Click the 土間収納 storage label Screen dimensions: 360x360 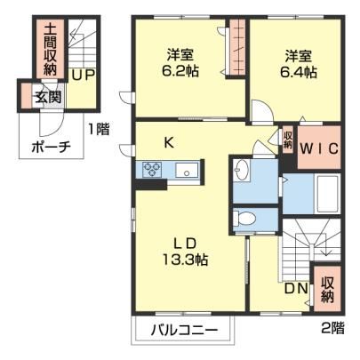pos(50,49)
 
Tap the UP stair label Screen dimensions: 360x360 pos(84,75)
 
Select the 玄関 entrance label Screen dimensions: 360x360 pos(49,96)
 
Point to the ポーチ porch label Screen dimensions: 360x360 pos(51,147)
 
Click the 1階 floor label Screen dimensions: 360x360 pos(99,129)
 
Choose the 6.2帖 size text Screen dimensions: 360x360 pos(180,71)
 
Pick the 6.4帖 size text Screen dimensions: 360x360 pos(299,72)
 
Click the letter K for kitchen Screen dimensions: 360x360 pos(169,143)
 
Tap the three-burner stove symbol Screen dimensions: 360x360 pos(152,170)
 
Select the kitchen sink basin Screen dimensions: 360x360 pos(187,170)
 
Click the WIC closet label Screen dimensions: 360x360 pos(319,148)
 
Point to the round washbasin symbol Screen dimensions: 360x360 pos(241,170)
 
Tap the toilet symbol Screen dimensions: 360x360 pos(244,219)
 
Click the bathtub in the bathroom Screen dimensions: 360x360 pos(327,194)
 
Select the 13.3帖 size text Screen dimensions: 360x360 pos(185,260)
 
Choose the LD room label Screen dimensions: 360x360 pos(185,244)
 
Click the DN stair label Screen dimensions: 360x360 pos(296,289)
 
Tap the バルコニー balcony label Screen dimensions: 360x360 pos(184,330)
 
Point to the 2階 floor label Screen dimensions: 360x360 pos(333,327)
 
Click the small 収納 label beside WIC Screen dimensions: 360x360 pos(288,140)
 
